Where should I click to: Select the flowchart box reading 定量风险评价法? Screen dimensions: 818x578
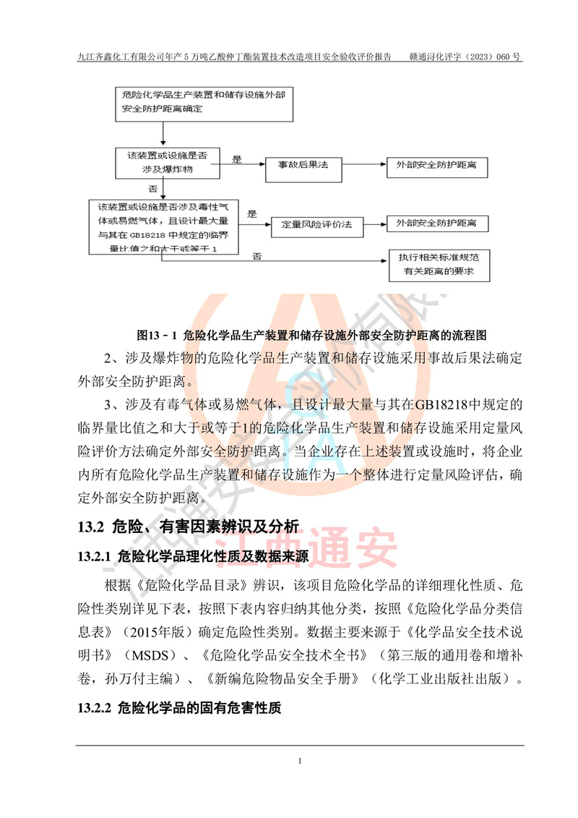tap(316, 224)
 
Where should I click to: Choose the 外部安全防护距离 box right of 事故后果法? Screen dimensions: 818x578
tap(436, 166)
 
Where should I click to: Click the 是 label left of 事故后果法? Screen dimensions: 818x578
tap(236, 158)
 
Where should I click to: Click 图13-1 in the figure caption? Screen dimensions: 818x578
tap(159, 336)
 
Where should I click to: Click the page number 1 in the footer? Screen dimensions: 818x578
tap(299, 761)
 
